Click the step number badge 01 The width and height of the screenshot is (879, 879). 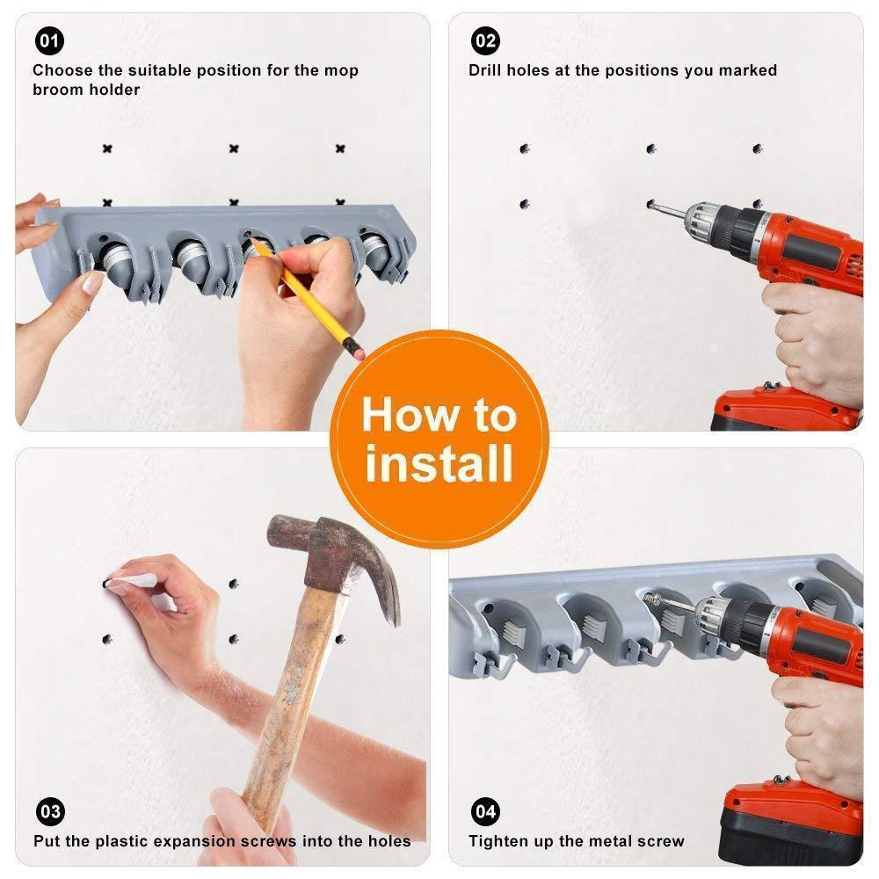[x=49, y=40]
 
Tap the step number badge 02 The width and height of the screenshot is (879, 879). [x=485, y=40]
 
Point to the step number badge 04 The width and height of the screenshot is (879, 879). [x=485, y=810]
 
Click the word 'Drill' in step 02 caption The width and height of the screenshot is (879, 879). [x=488, y=70]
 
